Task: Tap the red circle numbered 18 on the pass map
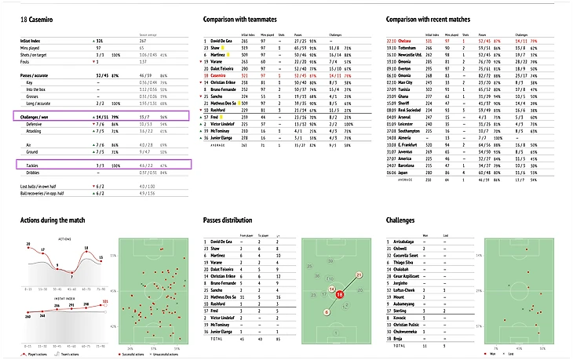341,295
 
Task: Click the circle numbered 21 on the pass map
359,276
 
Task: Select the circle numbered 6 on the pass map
327,312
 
